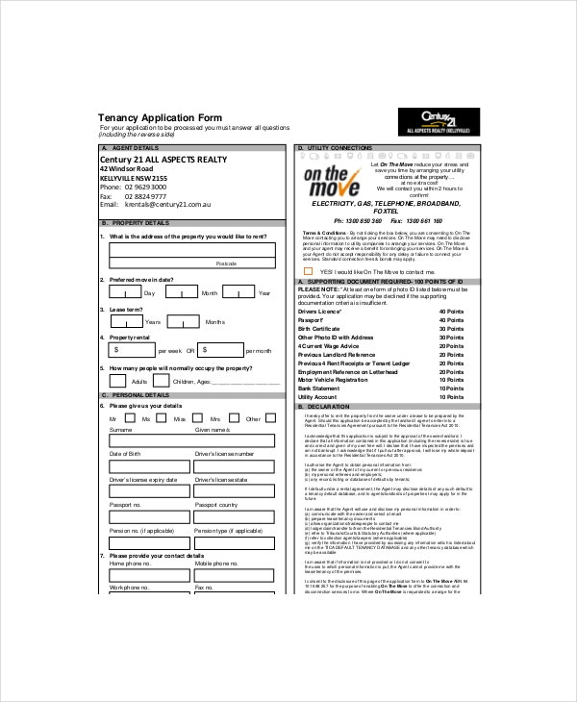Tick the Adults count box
point(118,381)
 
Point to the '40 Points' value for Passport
point(451,320)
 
